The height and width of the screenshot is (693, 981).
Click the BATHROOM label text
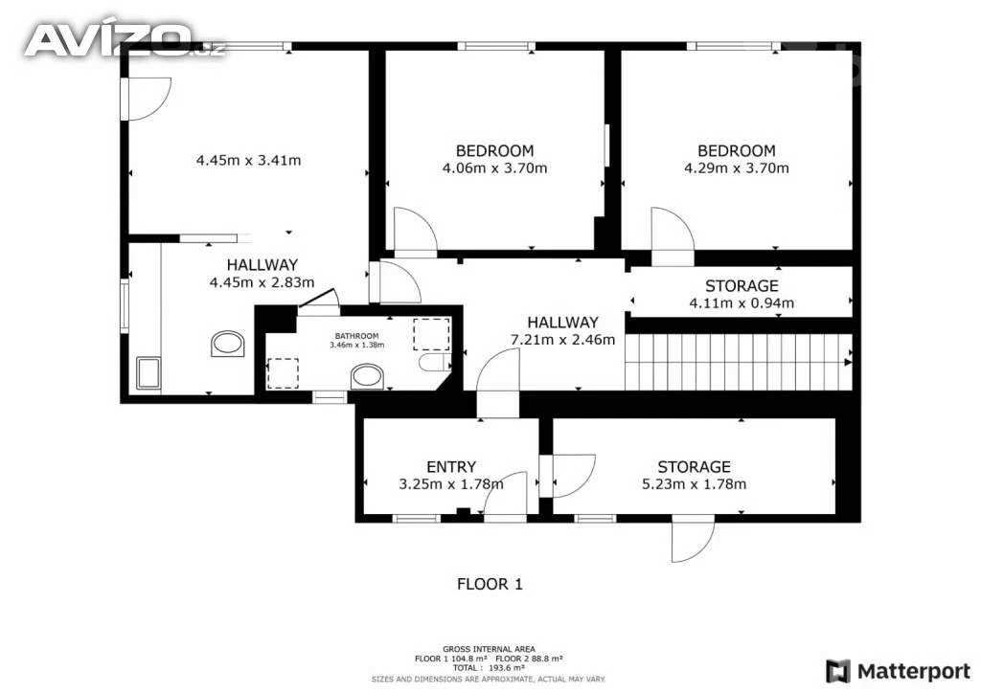point(356,336)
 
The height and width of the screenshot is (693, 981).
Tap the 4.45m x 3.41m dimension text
point(248,160)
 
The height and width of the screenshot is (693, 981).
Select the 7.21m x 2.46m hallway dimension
point(562,340)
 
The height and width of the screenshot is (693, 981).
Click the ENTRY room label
point(451,467)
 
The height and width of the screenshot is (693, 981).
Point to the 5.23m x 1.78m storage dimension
point(694,483)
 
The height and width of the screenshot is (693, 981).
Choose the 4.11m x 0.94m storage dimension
point(741,303)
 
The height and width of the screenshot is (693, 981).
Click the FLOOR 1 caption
point(490,584)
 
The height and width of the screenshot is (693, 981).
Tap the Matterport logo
point(899,671)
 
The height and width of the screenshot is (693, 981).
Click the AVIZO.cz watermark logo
point(124,40)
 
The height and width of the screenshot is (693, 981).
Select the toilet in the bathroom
point(434,362)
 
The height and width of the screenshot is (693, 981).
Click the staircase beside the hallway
point(739,362)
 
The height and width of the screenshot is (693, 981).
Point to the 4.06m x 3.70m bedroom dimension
point(494,168)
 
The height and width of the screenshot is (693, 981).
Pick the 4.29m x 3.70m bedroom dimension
point(737,168)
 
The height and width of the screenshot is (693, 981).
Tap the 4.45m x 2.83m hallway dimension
point(262,282)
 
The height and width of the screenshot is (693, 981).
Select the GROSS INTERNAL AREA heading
point(489,649)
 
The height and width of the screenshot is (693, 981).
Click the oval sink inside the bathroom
point(367,377)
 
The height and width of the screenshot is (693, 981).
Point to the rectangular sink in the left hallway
point(148,373)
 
